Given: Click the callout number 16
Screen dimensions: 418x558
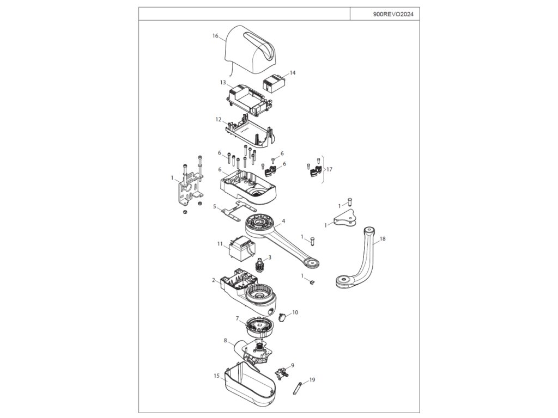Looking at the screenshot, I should (x=215, y=36).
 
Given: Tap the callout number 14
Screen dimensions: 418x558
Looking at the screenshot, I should (x=293, y=72).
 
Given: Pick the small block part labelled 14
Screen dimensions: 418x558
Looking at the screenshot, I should (x=275, y=83).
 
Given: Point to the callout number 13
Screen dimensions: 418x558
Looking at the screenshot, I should (x=222, y=82).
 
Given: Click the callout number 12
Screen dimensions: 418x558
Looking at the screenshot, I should (x=218, y=119).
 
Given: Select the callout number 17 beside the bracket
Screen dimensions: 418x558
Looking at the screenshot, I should (x=329, y=169).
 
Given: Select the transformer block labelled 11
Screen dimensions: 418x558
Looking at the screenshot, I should (x=240, y=250).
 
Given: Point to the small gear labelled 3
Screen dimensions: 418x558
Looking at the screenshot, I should (x=260, y=267).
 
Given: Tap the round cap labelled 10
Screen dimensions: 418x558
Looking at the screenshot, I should (x=283, y=317).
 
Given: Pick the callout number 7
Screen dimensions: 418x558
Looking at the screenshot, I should (x=237, y=318).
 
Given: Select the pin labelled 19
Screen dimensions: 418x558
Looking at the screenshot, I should (x=298, y=387).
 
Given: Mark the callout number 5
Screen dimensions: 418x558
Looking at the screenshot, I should (x=215, y=206).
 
